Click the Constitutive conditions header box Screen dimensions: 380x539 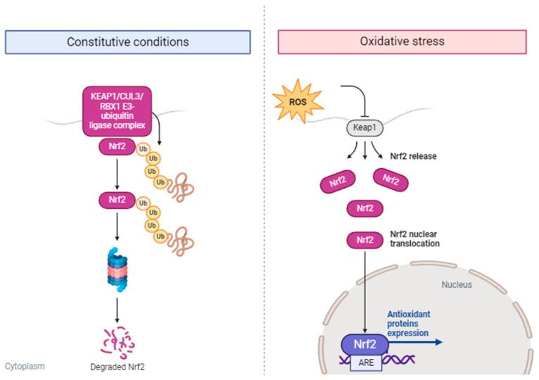click(x=127, y=42)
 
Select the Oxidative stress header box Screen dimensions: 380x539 click(x=402, y=42)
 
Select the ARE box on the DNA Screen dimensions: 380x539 click(x=367, y=362)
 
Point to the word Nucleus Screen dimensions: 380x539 click(x=457, y=285)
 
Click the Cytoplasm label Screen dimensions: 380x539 click(x=25, y=366)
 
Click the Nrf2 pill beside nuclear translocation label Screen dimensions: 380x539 click(x=364, y=241)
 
